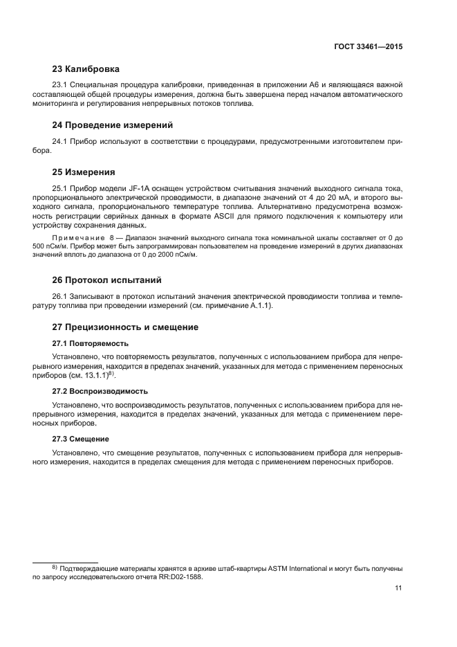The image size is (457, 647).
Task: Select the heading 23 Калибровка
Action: click(x=86, y=69)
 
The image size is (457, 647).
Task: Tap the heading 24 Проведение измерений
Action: click(x=113, y=125)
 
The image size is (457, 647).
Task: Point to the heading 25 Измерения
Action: click(x=84, y=172)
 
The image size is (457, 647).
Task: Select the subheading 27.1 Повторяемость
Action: click(x=90, y=343)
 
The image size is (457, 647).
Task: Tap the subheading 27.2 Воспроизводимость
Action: click(x=100, y=391)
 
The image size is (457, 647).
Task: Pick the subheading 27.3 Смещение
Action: click(x=81, y=439)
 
